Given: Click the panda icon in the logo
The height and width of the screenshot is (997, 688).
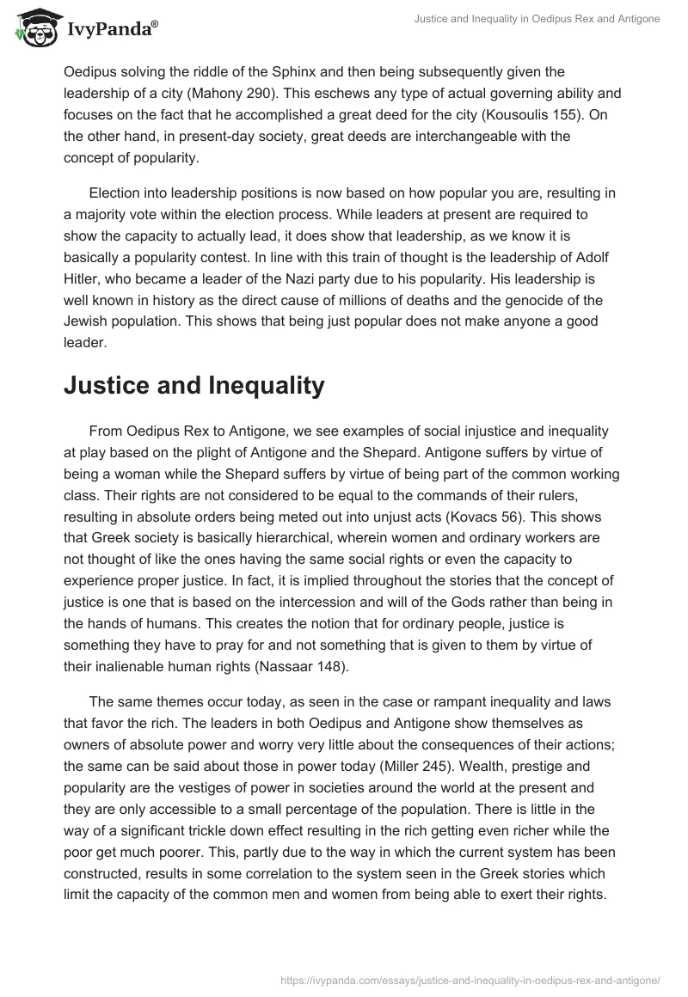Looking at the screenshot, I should click(x=34, y=29).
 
